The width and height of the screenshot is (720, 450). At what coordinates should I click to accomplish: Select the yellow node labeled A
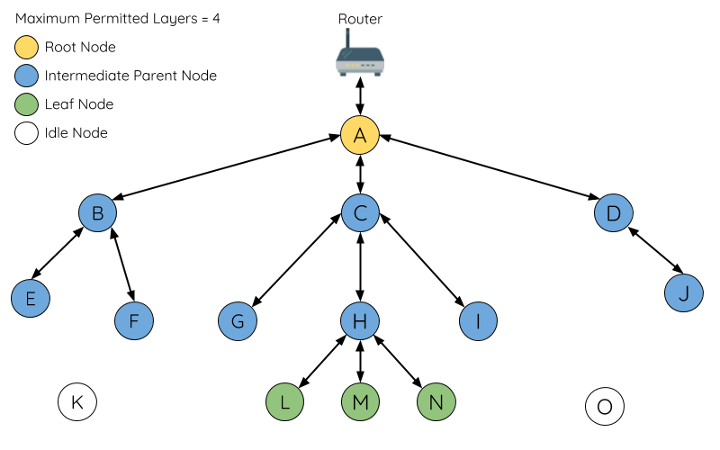click(360, 136)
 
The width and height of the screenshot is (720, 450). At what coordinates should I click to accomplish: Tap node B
click(97, 213)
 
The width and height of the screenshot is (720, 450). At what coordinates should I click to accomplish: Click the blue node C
click(360, 213)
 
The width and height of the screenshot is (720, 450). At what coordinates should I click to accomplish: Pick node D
click(614, 213)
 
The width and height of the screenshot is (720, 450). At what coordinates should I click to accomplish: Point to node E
click(31, 298)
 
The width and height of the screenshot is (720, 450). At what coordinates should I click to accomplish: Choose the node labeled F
click(134, 320)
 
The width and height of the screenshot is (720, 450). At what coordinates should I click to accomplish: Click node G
click(238, 320)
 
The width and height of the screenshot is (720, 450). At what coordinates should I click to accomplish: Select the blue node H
click(360, 320)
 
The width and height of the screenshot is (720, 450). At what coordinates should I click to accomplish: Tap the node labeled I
click(478, 320)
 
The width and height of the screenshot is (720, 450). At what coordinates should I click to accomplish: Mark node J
click(684, 293)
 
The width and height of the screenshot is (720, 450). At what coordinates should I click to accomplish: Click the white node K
click(77, 402)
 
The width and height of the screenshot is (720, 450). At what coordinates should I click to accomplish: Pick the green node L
click(285, 402)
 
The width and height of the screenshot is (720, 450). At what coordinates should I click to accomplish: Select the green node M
click(360, 402)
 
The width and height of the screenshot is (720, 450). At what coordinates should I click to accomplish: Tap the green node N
click(436, 402)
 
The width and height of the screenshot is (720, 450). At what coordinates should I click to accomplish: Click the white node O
click(605, 407)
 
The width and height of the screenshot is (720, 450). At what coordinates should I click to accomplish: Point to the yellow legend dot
click(27, 47)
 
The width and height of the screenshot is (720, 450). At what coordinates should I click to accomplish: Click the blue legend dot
click(27, 76)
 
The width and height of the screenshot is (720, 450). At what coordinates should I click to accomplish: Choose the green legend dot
click(27, 104)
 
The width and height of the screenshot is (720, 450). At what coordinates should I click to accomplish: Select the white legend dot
click(27, 133)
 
